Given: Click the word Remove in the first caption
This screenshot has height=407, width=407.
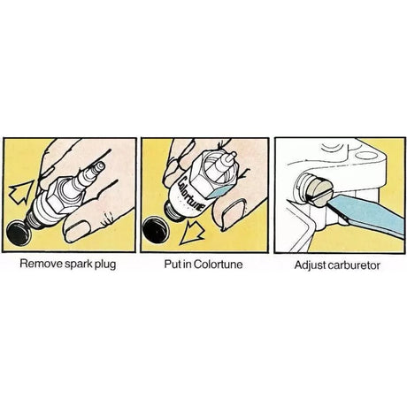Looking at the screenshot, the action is tap(41, 263).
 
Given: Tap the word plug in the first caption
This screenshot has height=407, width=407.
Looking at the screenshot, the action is tap(105, 265).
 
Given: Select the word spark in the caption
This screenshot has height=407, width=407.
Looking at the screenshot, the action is tap(78, 265).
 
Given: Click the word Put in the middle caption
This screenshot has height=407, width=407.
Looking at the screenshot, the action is tap(173, 264).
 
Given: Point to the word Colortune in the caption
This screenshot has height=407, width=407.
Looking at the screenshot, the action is tap(219, 264).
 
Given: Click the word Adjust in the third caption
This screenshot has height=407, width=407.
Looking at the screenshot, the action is tap(308, 265).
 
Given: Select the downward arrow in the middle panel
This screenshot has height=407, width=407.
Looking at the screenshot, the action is tap(192, 233).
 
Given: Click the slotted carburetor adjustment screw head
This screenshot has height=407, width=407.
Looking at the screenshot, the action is tap(321, 193).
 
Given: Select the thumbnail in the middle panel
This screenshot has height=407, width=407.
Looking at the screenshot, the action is tap(234, 213).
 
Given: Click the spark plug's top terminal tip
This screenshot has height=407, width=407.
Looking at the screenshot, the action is tap(100, 166).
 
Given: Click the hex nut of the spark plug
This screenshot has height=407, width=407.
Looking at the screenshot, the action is tap(65, 195).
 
